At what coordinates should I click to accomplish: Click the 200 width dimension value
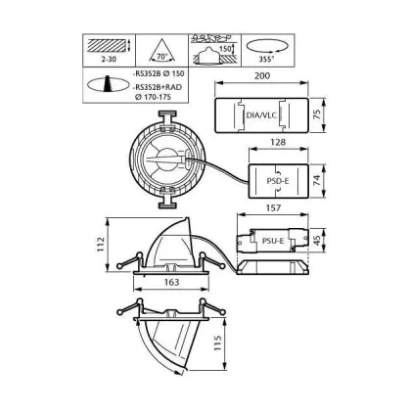(x=262, y=75)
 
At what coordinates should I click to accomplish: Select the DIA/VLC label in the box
(x=261, y=114)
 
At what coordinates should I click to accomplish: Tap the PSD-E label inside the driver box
(x=278, y=181)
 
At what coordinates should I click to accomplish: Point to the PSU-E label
(x=273, y=241)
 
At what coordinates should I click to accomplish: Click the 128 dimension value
(x=278, y=142)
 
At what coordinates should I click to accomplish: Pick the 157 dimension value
(x=273, y=207)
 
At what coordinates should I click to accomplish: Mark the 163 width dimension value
(x=171, y=282)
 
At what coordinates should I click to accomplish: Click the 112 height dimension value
(x=101, y=244)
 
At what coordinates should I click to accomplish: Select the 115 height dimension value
(x=217, y=343)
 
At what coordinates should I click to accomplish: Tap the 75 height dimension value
(x=317, y=114)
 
